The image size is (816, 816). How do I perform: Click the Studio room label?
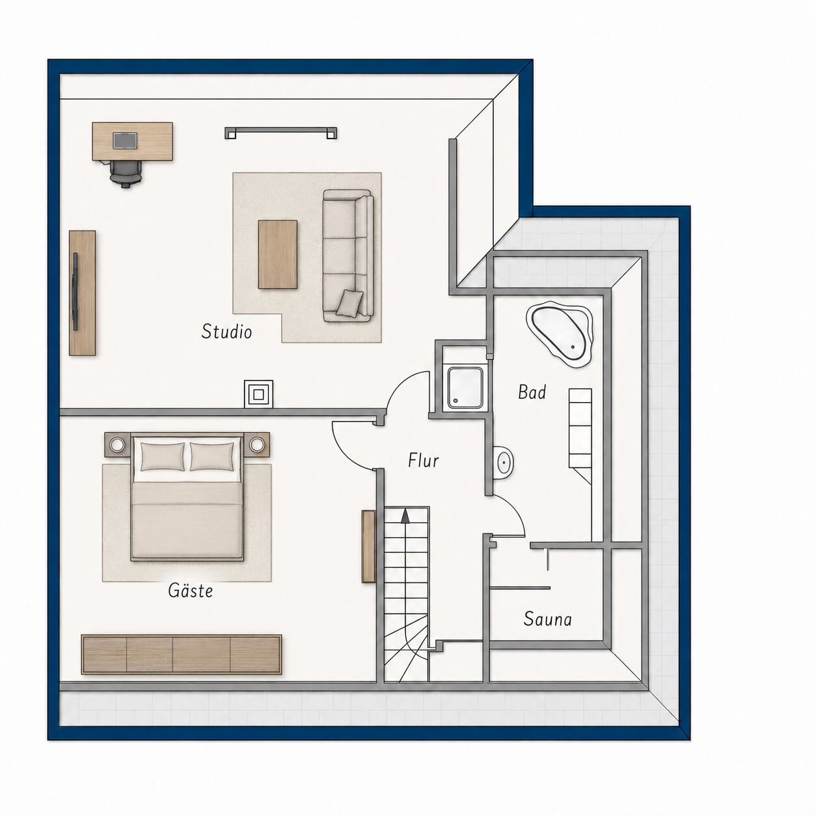[226, 331]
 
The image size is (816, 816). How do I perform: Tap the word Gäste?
[190, 590]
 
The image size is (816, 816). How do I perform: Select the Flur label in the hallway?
[423, 460]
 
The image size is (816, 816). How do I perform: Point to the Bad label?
[532, 392]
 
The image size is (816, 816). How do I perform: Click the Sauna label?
[547, 619]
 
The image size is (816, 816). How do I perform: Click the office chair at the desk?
[126, 173]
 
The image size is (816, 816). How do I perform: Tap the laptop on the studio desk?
[124, 141]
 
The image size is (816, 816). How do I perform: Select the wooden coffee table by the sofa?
[278, 254]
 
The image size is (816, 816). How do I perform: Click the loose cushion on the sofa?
[350, 303]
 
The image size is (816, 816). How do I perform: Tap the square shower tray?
[465, 388]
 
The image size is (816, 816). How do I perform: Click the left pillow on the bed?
[162, 456]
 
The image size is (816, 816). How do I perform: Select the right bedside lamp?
[256, 444]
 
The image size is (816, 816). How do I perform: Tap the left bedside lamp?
[116, 444]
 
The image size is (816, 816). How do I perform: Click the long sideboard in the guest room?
[182, 654]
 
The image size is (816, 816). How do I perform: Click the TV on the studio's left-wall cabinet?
[75, 292]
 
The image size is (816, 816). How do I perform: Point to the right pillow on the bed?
[211, 456]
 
